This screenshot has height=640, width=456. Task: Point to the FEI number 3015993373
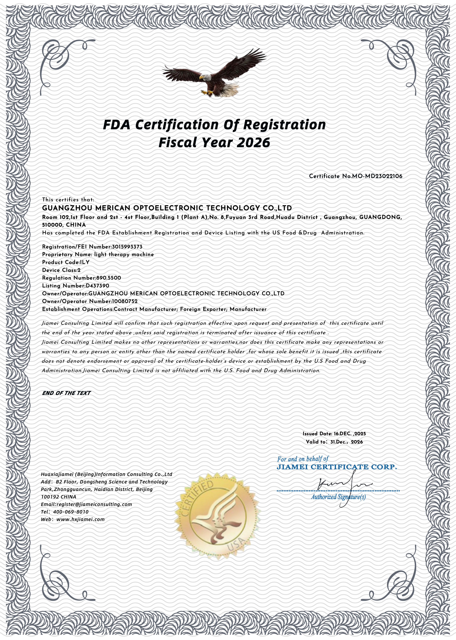pyautogui.click(x=127, y=247)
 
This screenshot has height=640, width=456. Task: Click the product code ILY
pyautogui.click(x=85, y=262)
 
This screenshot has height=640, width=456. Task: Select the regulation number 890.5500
pyautogui.click(x=108, y=278)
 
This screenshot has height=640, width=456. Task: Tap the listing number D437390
pyautogui.click(x=97, y=286)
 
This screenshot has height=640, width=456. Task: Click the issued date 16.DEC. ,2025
pyautogui.click(x=350, y=434)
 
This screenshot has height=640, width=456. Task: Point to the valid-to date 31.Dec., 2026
pyautogui.click(x=347, y=442)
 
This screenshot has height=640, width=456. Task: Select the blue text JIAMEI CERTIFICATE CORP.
pyautogui.click(x=337, y=467)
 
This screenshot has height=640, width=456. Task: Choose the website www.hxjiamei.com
pyautogui.click(x=81, y=520)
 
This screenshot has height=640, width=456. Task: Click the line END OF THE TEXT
pyautogui.click(x=66, y=393)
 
